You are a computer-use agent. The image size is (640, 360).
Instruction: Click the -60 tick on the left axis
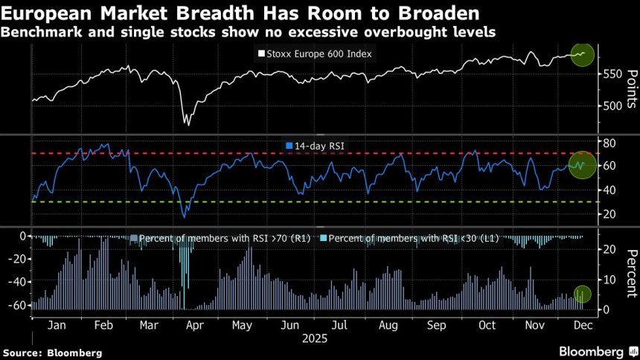click(x=18, y=305)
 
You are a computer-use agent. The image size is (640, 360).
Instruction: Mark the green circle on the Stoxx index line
click(x=581, y=54)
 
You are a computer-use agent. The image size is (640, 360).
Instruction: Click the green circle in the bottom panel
click(x=582, y=295)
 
